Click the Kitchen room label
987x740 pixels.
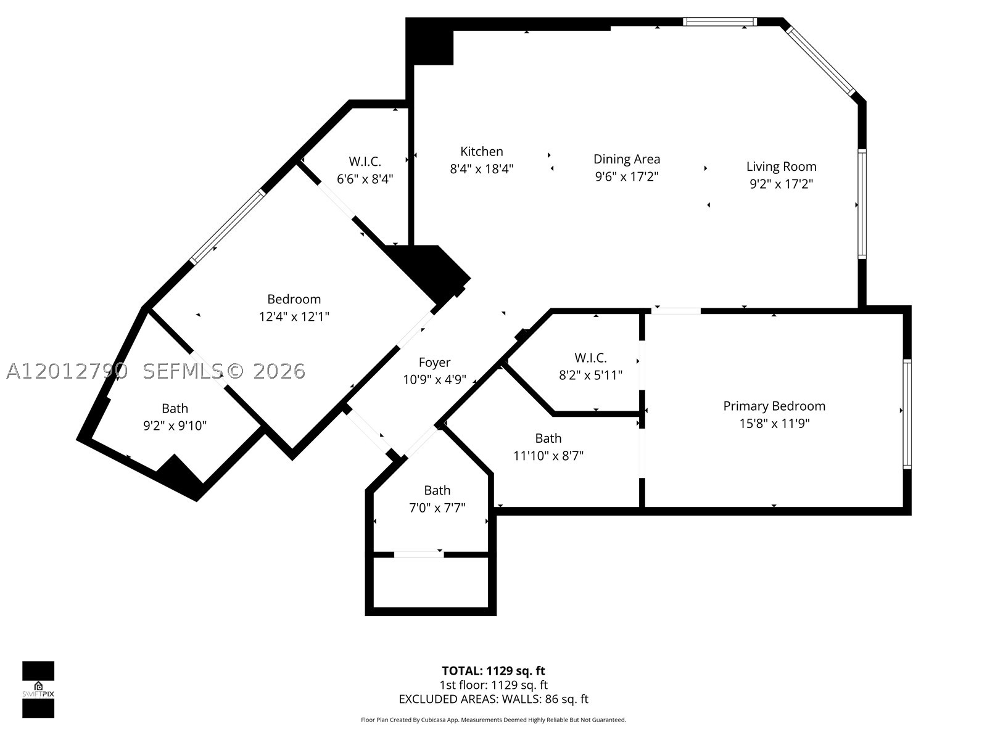click(x=481, y=152)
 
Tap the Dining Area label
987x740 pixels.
click(x=626, y=159)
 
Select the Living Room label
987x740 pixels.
click(x=781, y=166)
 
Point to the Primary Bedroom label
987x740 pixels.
click(x=774, y=406)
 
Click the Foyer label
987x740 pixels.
click(x=434, y=363)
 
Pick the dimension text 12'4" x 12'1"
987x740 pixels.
click(x=294, y=317)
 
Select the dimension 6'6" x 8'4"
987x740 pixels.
click(x=365, y=179)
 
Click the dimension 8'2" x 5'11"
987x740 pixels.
click(x=590, y=375)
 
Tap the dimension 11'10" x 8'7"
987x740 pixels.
click(x=548, y=456)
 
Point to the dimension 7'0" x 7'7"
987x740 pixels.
click(x=437, y=508)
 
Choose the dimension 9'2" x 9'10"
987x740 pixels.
click(x=175, y=425)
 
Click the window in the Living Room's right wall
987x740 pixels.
click(x=862, y=205)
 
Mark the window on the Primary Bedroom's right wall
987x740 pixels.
click(x=907, y=414)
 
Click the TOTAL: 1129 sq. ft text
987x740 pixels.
click(x=493, y=671)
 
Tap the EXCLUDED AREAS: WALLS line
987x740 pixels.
click(x=493, y=699)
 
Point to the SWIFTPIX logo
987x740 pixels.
click(x=38, y=689)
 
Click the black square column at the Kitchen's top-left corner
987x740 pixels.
click(x=429, y=41)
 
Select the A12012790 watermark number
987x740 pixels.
click(x=67, y=371)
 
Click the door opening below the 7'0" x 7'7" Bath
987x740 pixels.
click(x=419, y=555)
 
